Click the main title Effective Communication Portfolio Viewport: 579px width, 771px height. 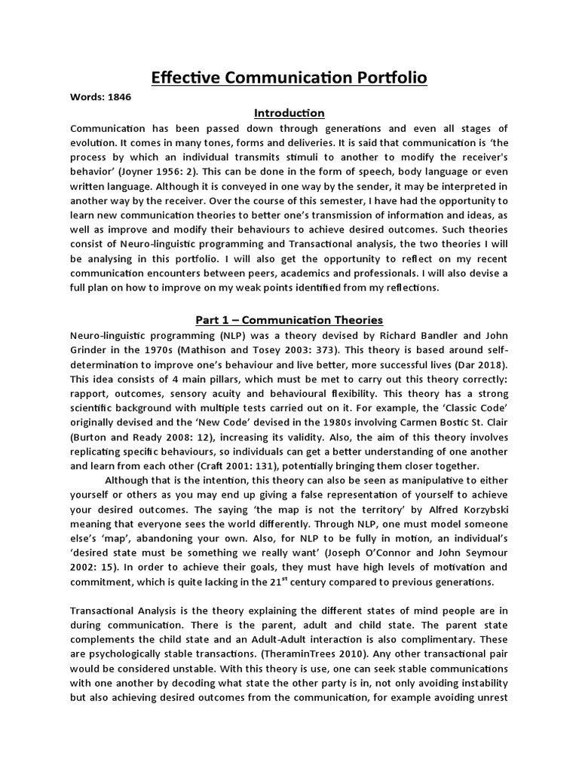click(x=289, y=78)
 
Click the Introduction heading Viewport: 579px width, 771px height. click(x=289, y=113)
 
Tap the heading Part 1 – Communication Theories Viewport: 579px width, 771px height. click(x=289, y=319)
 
